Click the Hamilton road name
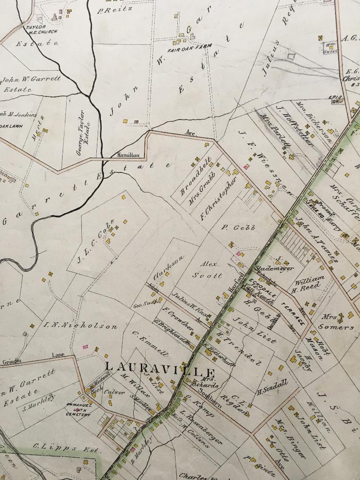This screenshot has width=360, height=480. point(128,155)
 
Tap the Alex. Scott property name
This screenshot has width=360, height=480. point(207,269)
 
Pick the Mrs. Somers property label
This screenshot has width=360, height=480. point(338,323)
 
